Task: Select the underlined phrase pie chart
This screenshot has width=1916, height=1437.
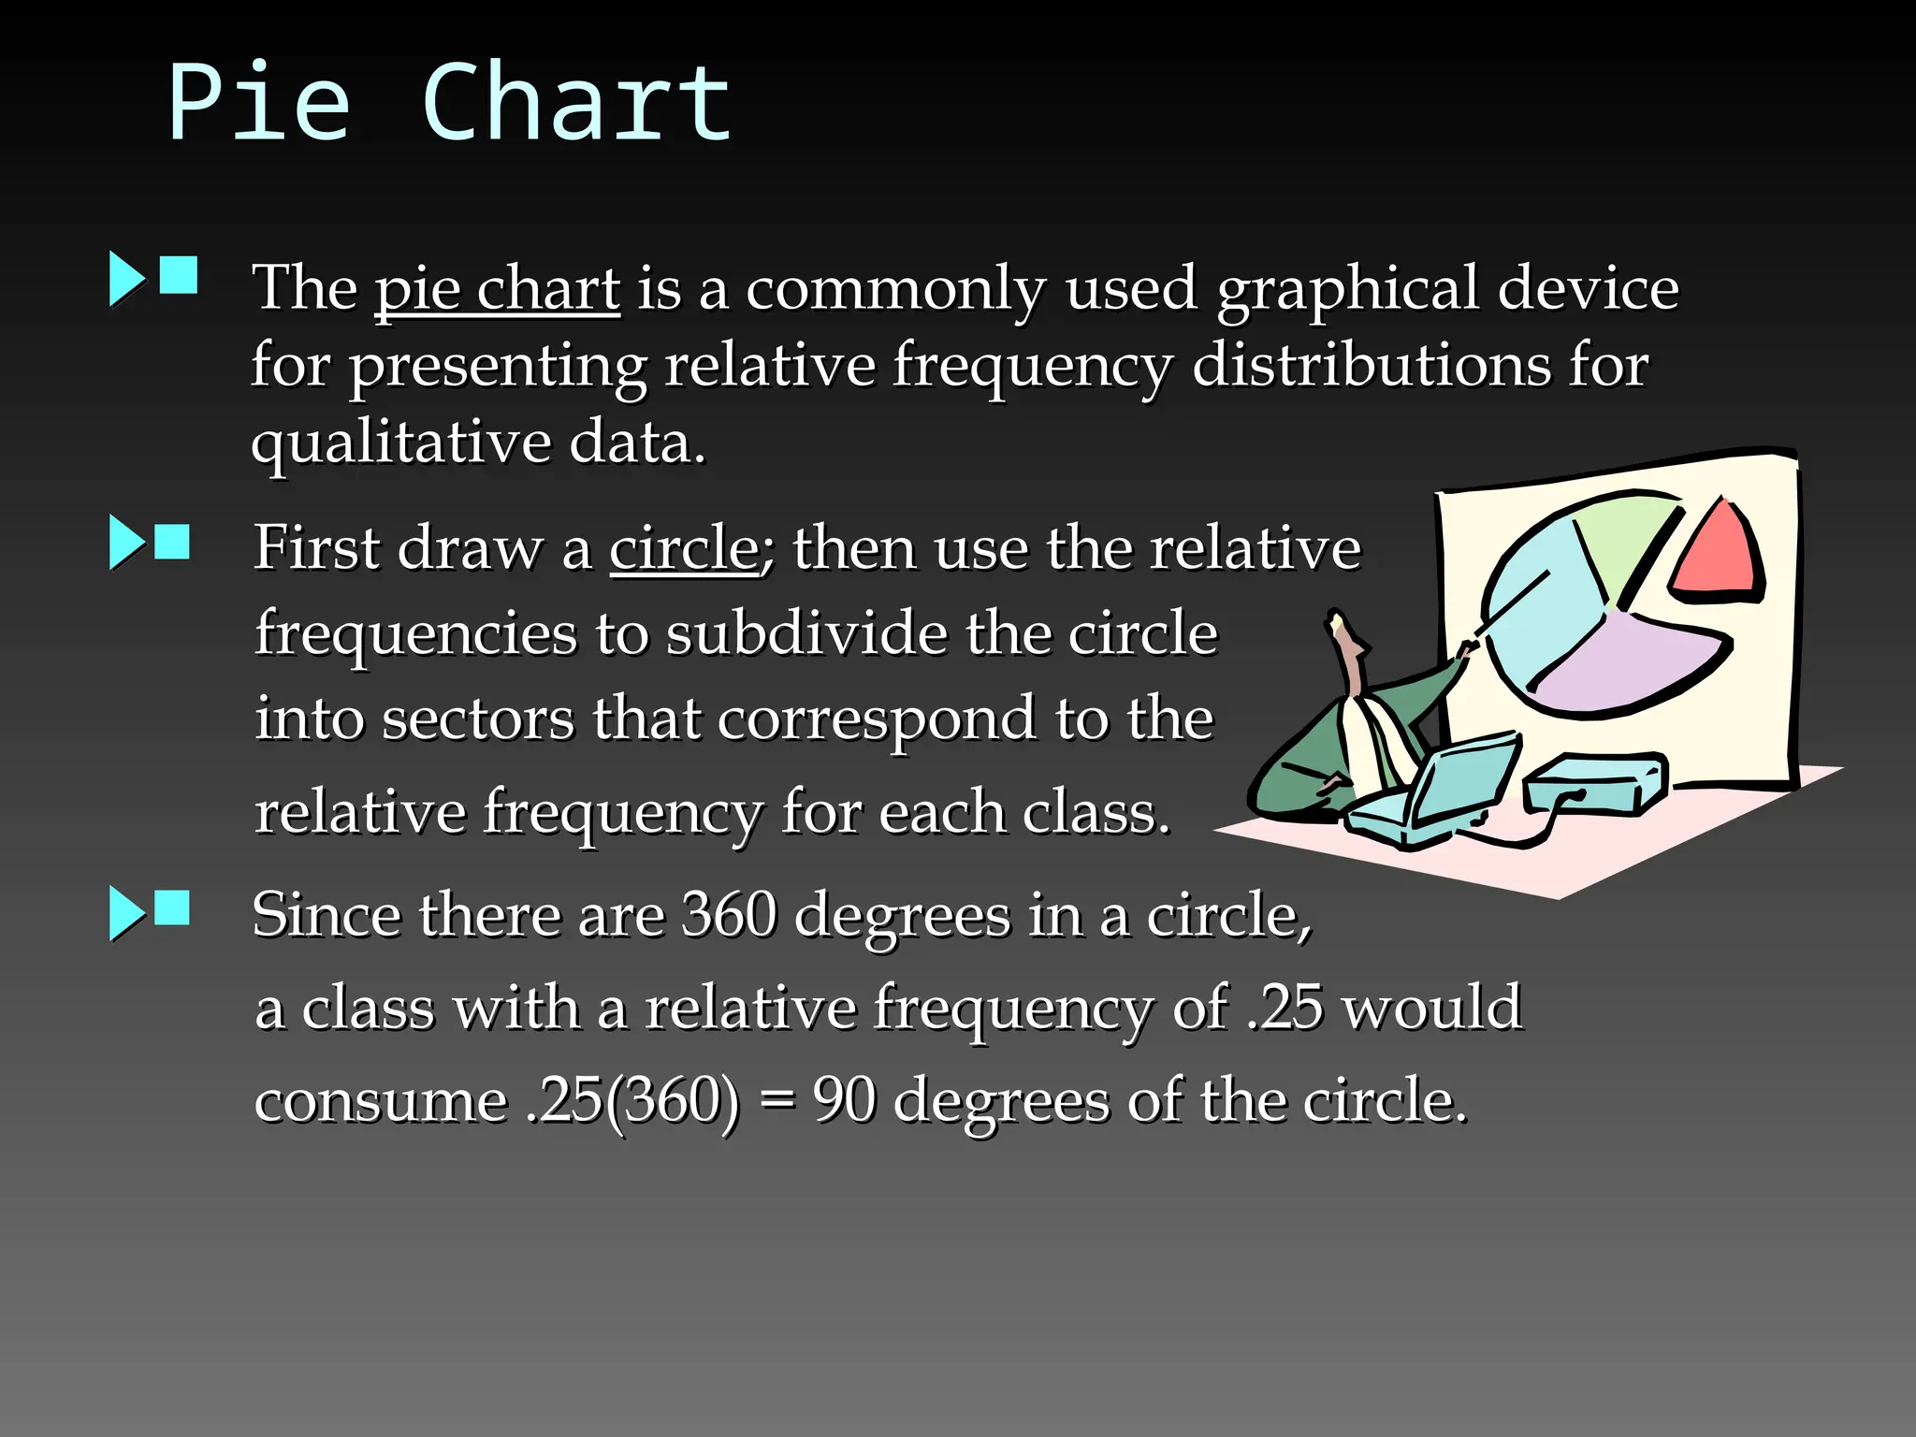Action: tap(497, 288)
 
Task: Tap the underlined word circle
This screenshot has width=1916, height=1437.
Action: tap(684, 547)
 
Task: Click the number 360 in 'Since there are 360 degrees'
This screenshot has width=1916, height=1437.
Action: tap(729, 914)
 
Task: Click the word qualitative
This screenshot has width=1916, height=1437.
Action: tap(401, 442)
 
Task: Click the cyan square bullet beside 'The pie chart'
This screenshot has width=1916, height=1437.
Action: tap(179, 276)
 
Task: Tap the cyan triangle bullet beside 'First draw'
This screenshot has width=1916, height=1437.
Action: tap(126, 542)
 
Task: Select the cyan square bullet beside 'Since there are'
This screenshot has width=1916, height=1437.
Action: tap(172, 907)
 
